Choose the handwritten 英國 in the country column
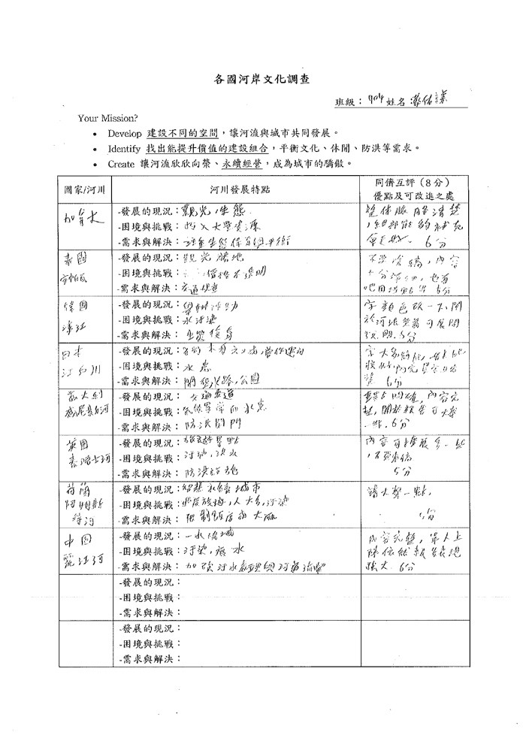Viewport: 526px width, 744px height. [x=77, y=444]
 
